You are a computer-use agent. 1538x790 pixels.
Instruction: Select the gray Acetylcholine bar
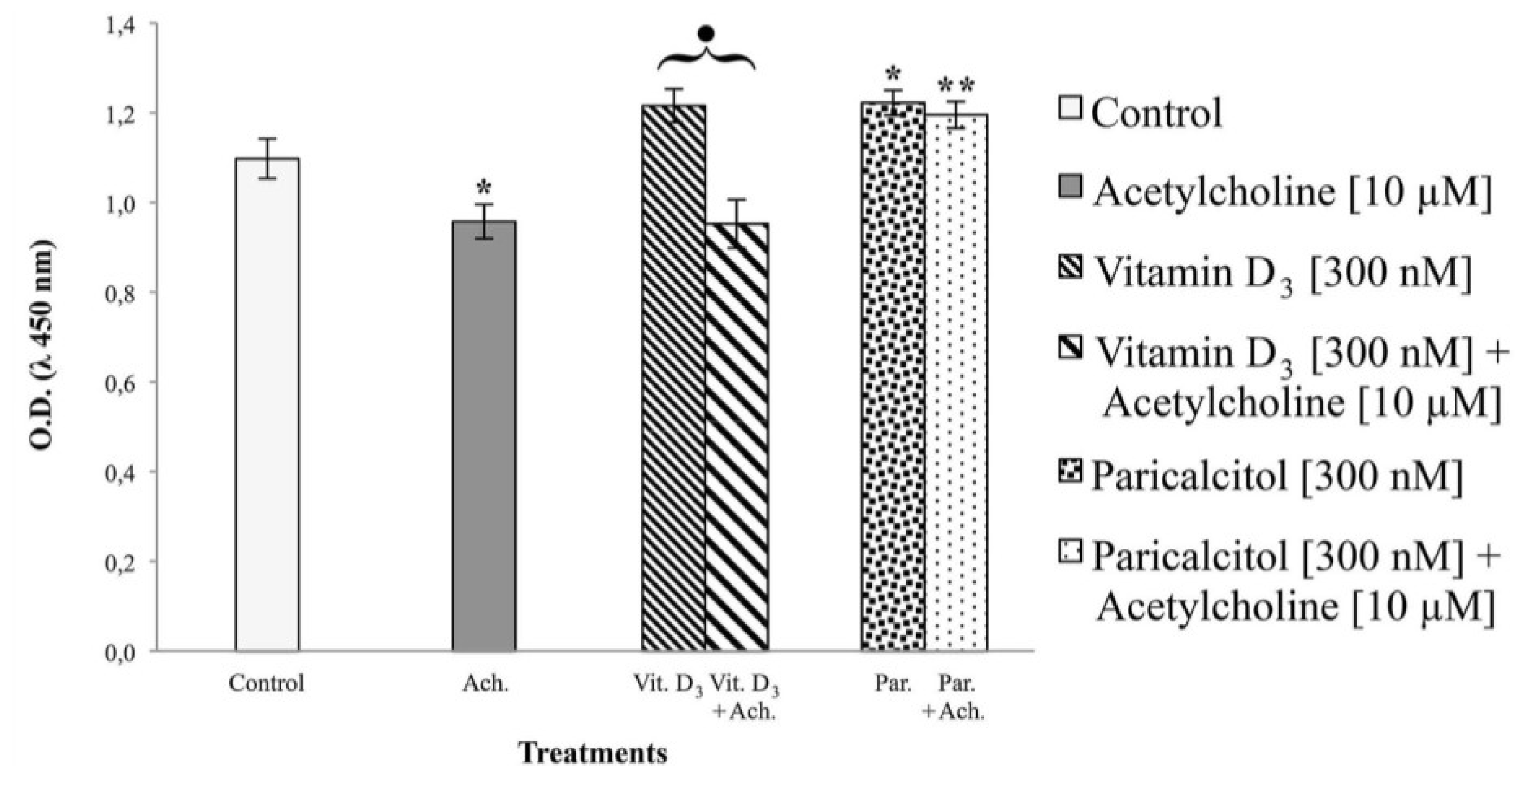point(484,435)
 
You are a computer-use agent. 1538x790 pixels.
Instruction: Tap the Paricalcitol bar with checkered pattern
point(892,376)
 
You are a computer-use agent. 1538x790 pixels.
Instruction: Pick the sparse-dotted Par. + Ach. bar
point(956,382)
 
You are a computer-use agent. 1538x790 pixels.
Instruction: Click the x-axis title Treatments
point(593,753)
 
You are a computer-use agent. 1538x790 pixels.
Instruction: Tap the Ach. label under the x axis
point(485,683)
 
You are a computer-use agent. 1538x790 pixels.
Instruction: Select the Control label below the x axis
point(266,683)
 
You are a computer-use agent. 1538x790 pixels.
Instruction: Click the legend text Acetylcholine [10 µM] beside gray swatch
point(1292,192)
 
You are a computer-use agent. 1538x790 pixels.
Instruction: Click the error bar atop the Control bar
point(267,158)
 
